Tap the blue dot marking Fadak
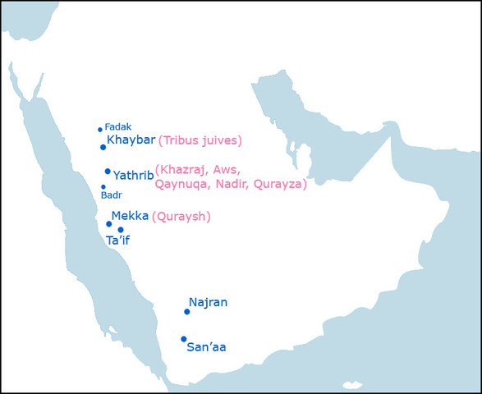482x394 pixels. pyautogui.click(x=100, y=130)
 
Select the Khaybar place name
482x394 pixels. pyautogui.click(x=131, y=140)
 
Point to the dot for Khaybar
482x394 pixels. pyautogui.click(x=103, y=147)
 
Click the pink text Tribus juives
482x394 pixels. pyautogui.click(x=200, y=140)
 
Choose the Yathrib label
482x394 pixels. pyautogui.click(x=132, y=175)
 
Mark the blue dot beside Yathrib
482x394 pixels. pyautogui.click(x=108, y=172)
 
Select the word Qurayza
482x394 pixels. pyautogui.click(x=278, y=185)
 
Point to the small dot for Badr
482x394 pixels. pyautogui.click(x=103, y=187)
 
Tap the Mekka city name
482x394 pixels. pyautogui.click(x=130, y=216)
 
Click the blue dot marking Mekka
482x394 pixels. pyautogui.click(x=109, y=223)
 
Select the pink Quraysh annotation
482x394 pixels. pyautogui.click(x=181, y=217)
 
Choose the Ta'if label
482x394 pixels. pyautogui.click(x=118, y=241)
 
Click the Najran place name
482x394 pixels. pyautogui.click(x=208, y=303)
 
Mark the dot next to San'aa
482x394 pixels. pyautogui.click(x=184, y=339)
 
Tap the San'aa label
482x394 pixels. pyautogui.click(x=206, y=347)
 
